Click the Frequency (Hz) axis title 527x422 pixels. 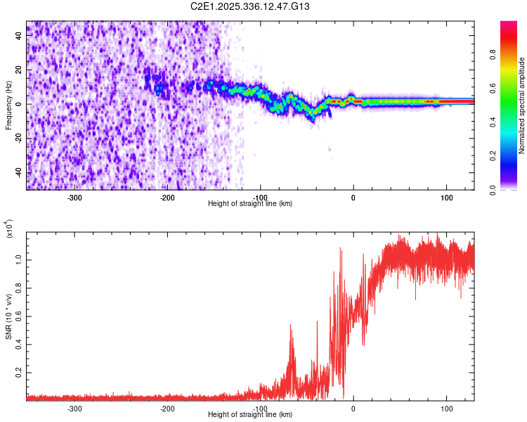(9, 105)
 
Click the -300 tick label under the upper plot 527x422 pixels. (74, 198)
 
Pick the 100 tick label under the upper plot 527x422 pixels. (446, 198)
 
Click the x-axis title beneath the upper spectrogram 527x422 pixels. (250, 204)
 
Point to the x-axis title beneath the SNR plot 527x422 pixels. (250, 415)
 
